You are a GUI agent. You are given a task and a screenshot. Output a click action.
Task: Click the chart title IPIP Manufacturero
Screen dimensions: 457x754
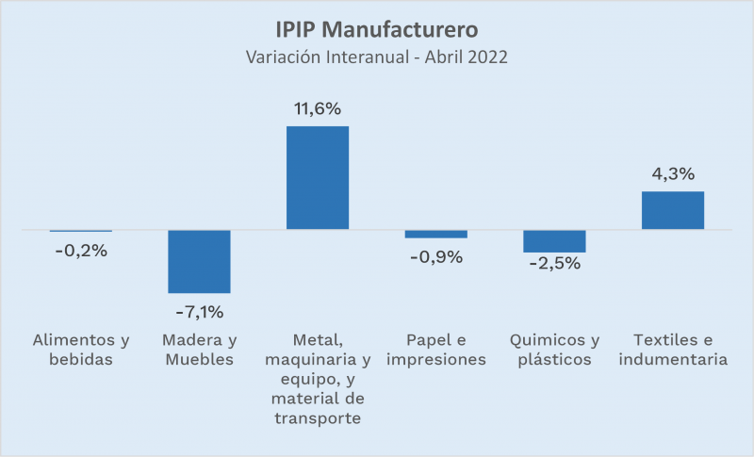tap(377, 25)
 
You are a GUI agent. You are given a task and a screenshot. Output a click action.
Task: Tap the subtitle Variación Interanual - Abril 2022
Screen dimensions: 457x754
tap(377, 57)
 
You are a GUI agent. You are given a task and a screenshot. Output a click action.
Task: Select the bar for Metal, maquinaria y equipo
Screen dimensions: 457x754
tap(318, 177)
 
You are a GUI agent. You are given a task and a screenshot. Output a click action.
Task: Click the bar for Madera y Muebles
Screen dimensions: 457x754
tap(199, 261)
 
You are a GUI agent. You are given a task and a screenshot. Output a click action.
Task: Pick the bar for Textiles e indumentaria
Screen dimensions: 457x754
tap(673, 210)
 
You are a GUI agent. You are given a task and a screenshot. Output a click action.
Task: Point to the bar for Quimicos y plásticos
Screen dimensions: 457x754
tap(554, 241)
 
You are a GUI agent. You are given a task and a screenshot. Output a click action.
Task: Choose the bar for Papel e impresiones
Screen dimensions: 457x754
tap(436, 234)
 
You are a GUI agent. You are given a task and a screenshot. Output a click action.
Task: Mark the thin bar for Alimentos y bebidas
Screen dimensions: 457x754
tap(81, 231)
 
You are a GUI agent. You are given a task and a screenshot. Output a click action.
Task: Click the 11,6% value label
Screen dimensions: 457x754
tap(318, 109)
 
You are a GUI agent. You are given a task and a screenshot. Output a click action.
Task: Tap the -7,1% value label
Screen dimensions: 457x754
tap(199, 311)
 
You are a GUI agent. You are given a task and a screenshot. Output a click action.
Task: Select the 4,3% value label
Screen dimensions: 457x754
tap(673, 174)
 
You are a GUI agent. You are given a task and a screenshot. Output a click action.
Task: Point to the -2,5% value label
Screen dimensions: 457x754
tap(554, 264)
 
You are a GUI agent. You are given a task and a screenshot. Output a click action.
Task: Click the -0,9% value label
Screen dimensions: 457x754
tap(436, 256)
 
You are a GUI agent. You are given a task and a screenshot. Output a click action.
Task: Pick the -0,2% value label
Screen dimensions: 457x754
tap(81, 251)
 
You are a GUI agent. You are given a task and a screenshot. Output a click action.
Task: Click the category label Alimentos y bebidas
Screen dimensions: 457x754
tap(81, 350)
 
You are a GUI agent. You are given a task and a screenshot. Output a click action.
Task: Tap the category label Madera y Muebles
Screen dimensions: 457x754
tap(199, 350)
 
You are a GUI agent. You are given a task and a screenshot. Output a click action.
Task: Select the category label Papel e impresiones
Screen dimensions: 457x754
tap(436, 350)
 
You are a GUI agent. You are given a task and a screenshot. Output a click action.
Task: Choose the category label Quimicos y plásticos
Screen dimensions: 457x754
tap(554, 350)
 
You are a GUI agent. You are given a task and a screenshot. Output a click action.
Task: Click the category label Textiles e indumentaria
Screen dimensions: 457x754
tap(673, 350)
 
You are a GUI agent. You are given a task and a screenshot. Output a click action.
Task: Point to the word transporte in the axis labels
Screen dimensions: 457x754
tap(318, 417)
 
